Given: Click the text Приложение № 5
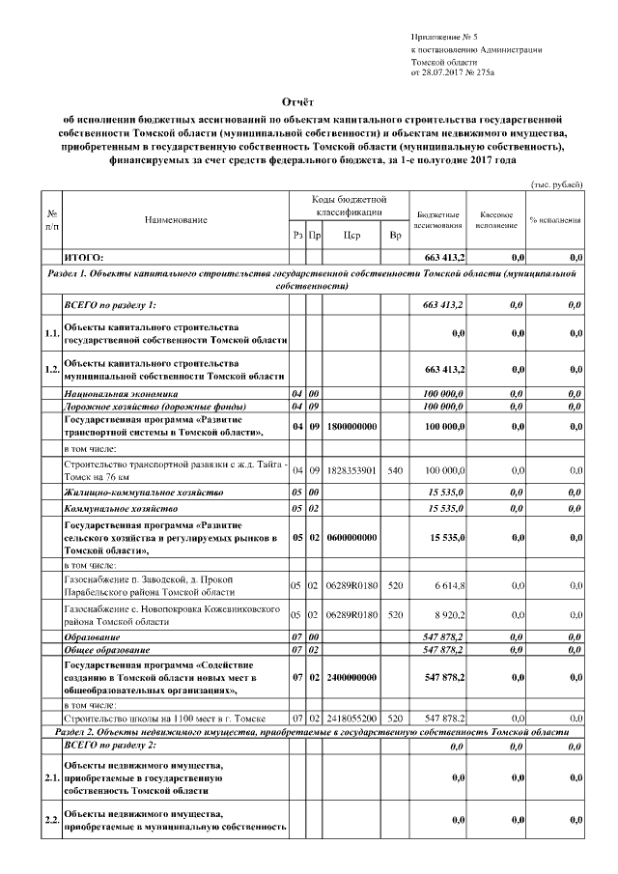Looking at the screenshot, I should click(443, 36).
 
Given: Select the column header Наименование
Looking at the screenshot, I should click(176, 220).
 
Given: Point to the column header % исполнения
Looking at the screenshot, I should click(554, 220).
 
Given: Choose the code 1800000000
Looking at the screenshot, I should click(351, 426).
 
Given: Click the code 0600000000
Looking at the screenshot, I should click(351, 538).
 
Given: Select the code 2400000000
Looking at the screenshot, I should click(351, 679).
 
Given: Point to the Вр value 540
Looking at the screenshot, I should click(394, 470).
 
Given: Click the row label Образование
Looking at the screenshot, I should click(92, 637).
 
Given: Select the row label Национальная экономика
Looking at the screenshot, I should click(121, 394).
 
